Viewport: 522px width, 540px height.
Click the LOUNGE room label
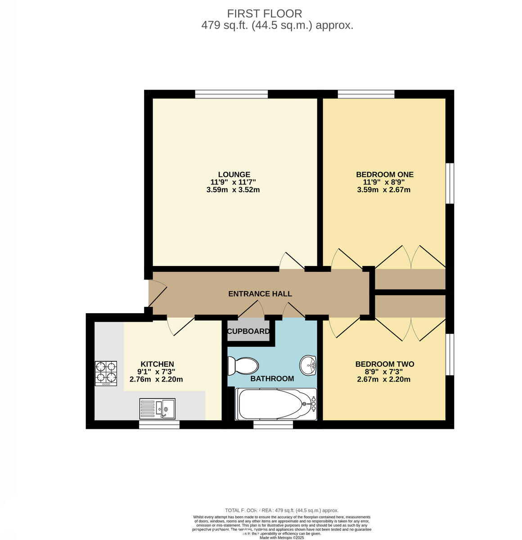(234, 175)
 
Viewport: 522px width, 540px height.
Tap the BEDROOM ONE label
(384, 175)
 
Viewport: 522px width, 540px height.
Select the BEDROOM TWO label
(384, 364)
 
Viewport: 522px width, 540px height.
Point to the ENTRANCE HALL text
(260, 294)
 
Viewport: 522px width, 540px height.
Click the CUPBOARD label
(248, 332)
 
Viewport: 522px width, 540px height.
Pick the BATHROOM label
(272, 378)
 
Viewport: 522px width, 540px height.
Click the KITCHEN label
(157, 364)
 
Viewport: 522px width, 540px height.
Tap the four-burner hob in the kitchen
(106, 373)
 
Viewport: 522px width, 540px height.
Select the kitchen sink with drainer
(157, 409)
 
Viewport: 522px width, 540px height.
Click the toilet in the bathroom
(242, 365)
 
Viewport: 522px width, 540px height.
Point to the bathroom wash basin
(309, 364)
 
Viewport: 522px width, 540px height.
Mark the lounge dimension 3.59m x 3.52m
(233, 190)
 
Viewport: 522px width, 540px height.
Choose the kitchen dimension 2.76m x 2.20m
(156, 379)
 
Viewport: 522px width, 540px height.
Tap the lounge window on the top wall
(231, 94)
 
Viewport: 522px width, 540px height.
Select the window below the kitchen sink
(159, 424)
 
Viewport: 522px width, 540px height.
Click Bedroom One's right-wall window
(450, 183)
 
